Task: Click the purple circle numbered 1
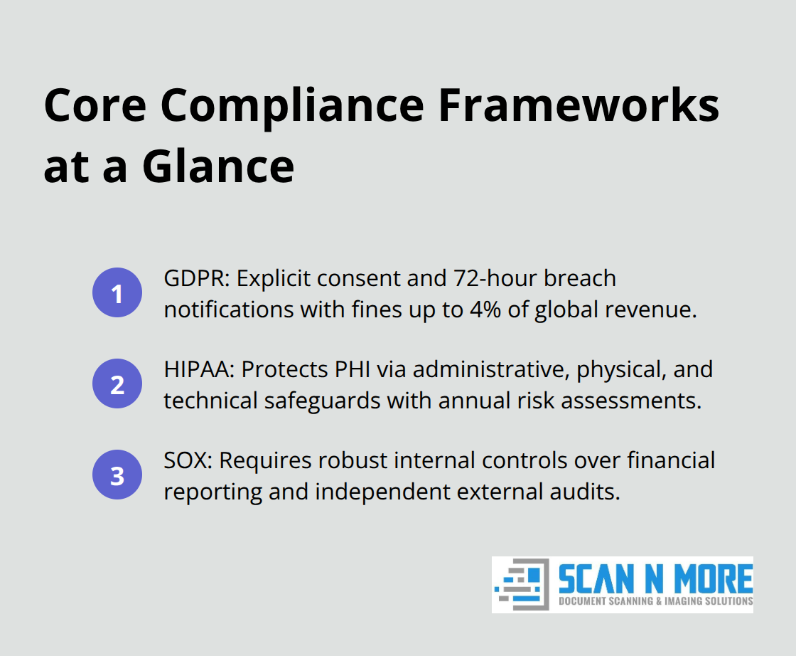117,293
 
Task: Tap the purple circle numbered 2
117,385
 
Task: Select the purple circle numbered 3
117,476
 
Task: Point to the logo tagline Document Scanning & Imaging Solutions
655,601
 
